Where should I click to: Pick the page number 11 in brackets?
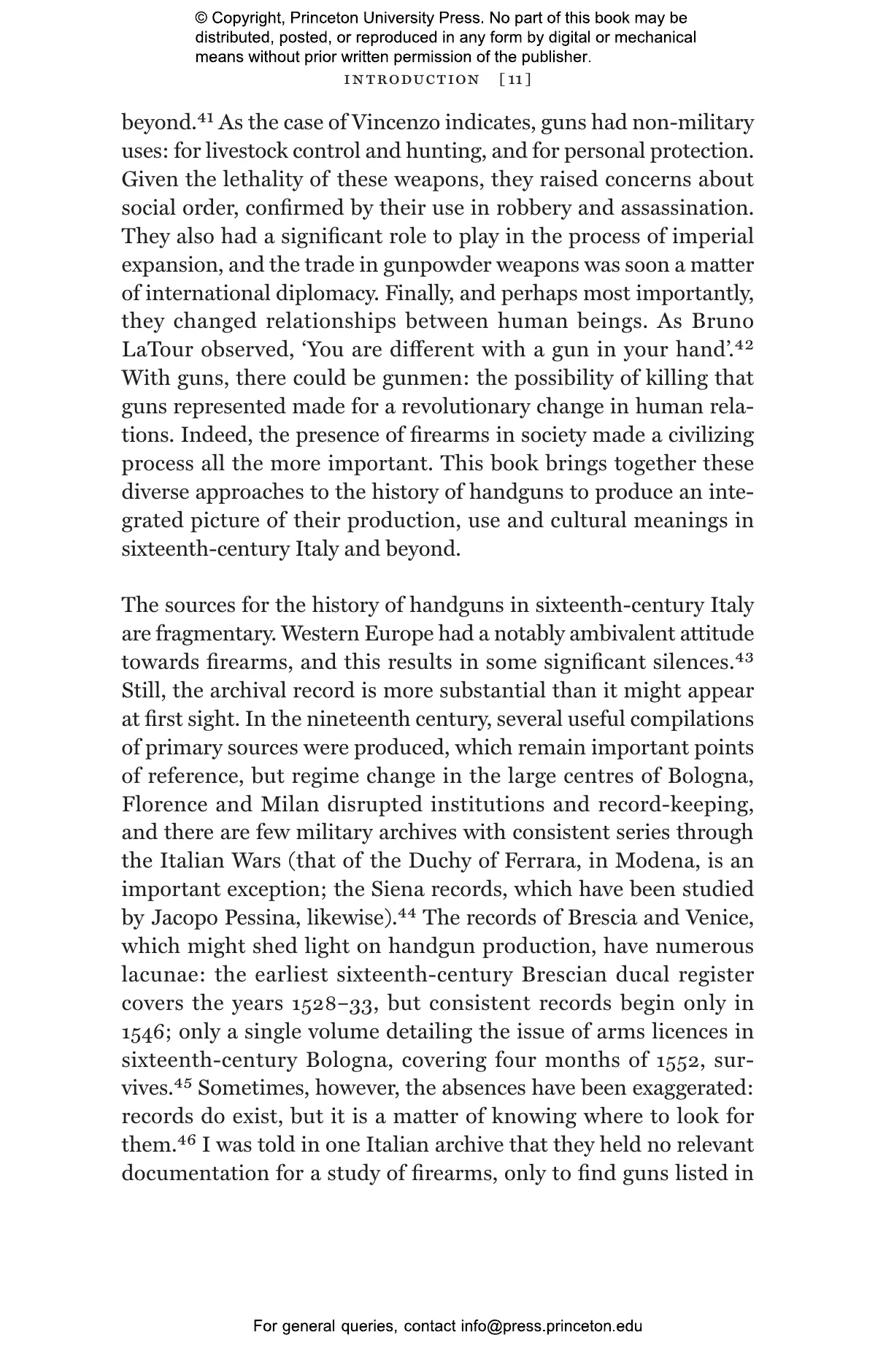[515, 80]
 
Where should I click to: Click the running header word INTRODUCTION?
[412, 80]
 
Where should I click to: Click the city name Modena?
[652, 861]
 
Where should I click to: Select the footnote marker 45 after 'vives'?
[182, 1083]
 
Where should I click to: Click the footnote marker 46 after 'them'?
[187, 1140]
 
